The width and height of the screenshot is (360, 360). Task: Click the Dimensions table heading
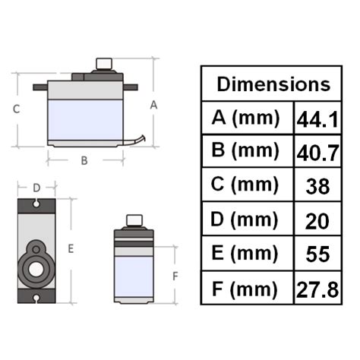[x=273, y=84]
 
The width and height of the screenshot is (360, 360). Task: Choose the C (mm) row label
[x=246, y=185]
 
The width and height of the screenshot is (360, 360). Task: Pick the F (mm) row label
[x=246, y=288]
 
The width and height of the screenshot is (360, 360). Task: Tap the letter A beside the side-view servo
[x=153, y=106]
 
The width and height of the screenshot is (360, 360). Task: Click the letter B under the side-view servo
[x=84, y=160]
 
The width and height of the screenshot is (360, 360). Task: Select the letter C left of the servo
[x=16, y=109]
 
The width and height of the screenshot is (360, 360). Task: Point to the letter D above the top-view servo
[x=36, y=187]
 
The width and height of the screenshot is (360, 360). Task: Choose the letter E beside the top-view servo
[x=71, y=248]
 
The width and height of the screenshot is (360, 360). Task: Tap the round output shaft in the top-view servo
[x=35, y=267]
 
